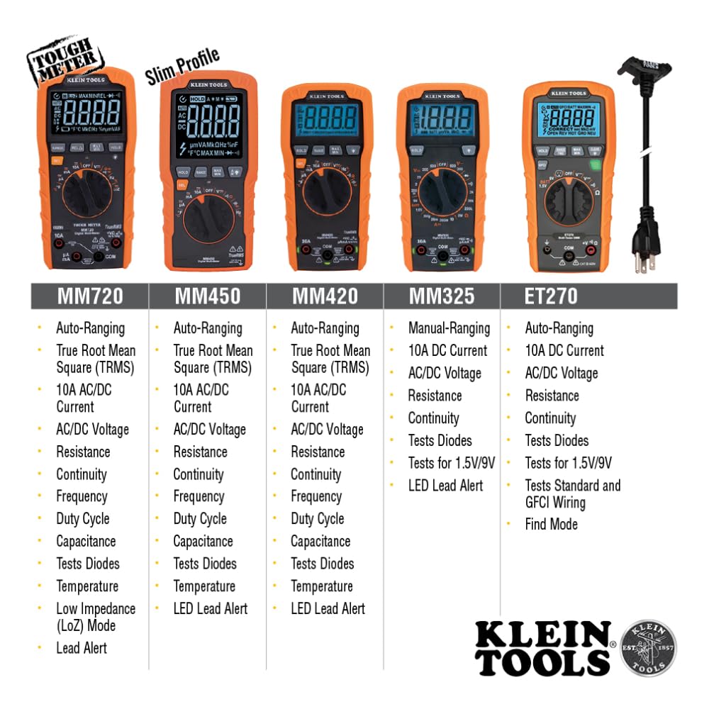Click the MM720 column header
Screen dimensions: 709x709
[90, 296]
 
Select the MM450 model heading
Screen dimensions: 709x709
[207, 296]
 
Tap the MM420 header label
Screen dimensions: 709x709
[325, 296]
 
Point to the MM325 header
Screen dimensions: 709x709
[442, 296]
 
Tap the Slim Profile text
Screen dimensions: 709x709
[182, 66]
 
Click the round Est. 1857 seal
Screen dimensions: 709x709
[648, 647]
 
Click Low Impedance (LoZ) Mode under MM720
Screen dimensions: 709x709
[95, 617]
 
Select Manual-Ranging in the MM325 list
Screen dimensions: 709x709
[449, 328]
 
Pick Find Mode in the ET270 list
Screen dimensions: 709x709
[551, 525]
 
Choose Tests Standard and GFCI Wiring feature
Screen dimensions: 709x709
[572, 494]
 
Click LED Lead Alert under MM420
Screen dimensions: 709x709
[328, 608]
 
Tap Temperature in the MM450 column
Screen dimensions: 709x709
[204, 586]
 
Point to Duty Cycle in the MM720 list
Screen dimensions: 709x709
[83, 519]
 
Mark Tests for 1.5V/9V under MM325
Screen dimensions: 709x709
[451, 463]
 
